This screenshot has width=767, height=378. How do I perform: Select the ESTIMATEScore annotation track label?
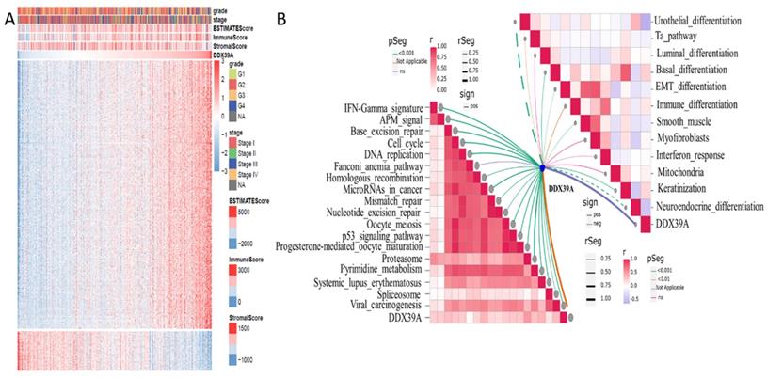(x=238, y=28)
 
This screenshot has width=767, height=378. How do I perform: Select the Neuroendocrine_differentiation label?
(x=708, y=206)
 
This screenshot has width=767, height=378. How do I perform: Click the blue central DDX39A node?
(x=542, y=168)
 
